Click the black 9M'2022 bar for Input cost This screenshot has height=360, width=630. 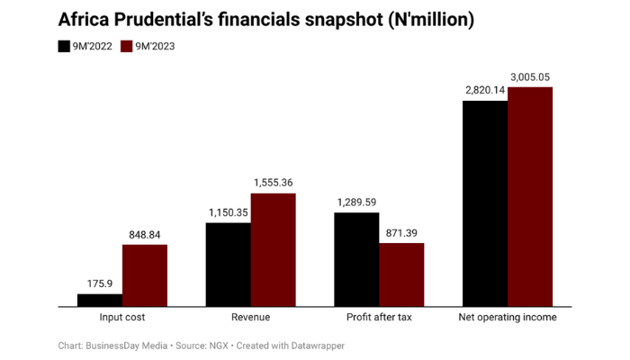point(100,301)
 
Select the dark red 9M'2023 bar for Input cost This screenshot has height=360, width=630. point(145,275)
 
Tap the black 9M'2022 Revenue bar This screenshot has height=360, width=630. point(229,265)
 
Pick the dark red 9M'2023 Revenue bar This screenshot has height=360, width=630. point(273,250)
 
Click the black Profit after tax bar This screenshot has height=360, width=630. point(356,260)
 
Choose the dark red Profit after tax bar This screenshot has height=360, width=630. point(401,275)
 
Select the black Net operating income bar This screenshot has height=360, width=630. point(485,203)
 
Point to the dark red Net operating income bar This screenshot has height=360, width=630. point(530,197)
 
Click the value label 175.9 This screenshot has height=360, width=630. point(100,283)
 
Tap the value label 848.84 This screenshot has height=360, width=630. point(145,234)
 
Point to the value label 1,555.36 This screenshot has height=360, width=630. point(273,183)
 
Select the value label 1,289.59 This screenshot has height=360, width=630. point(356,202)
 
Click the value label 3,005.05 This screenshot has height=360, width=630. point(530,76)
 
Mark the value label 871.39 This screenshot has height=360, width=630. point(401,232)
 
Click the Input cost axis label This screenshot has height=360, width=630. point(122,318)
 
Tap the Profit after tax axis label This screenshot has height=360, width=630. point(379,318)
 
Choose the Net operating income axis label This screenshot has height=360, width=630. point(508,318)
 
